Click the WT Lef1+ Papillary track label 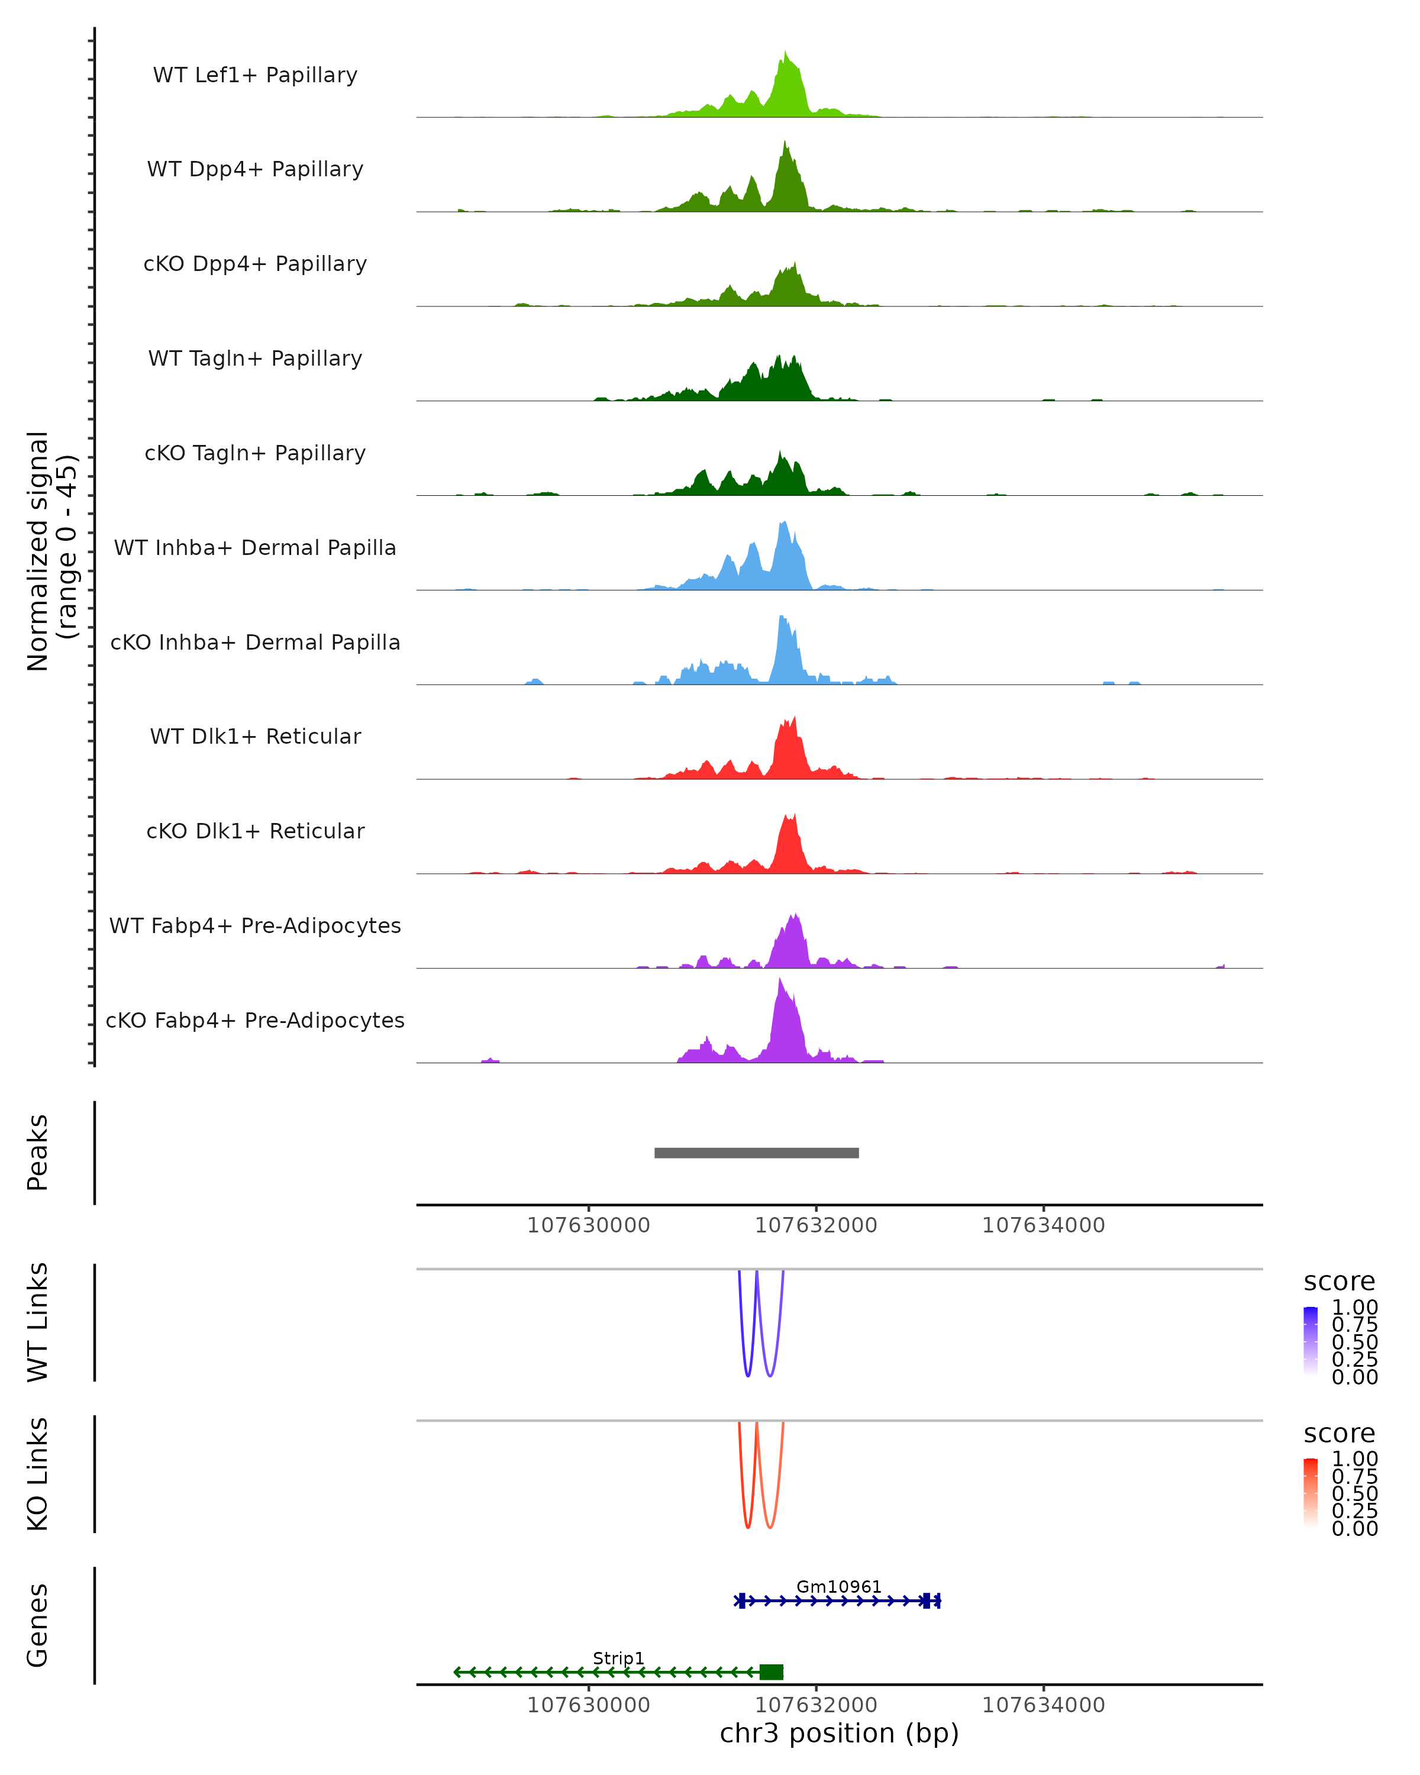255,75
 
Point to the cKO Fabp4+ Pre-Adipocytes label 255,1020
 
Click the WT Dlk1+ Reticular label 255,737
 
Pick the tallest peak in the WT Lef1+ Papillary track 785,53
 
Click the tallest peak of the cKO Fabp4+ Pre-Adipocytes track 780,980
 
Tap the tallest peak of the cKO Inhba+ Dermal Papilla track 781,618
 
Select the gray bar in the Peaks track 757,1153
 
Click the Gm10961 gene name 839,1587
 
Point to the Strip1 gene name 618,1658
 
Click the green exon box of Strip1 772,1672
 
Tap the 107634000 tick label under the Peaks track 1043,1226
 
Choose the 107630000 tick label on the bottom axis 589,1705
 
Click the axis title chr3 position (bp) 839,1734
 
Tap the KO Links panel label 38,1474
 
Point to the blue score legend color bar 1311,1341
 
